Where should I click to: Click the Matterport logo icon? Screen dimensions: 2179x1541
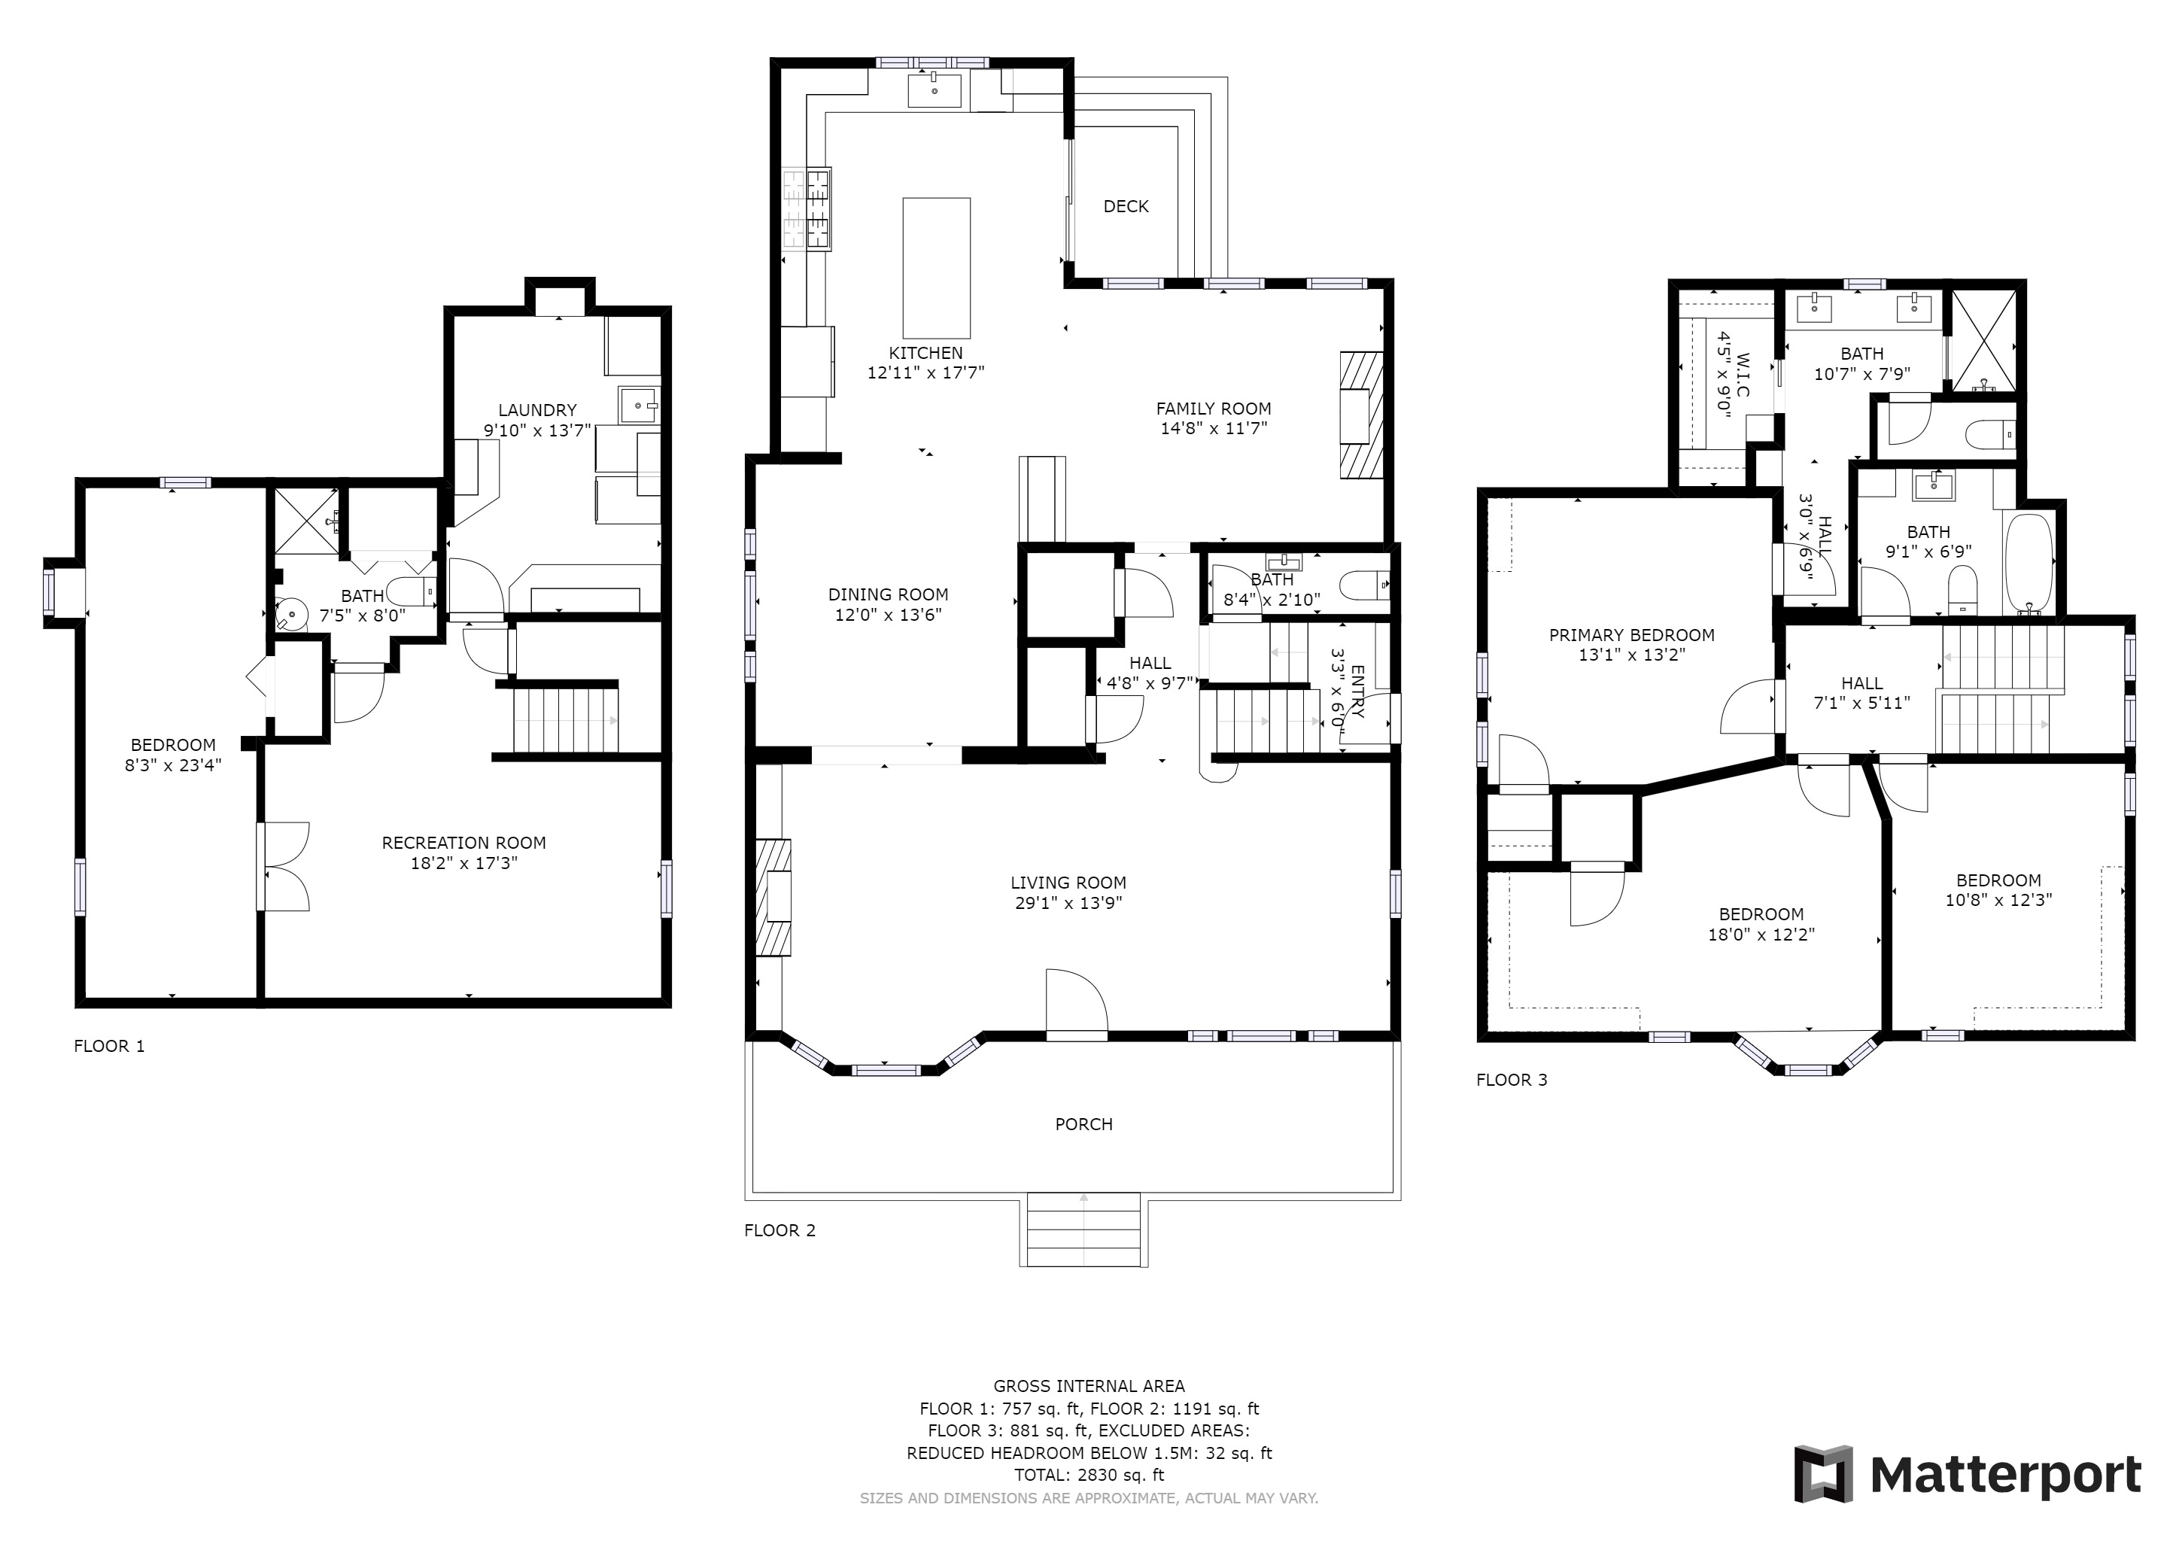(x=1823, y=1473)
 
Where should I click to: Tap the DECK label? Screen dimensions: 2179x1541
(x=1126, y=206)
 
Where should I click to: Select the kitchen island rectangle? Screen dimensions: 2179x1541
(x=936, y=268)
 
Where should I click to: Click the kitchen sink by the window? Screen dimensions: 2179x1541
(x=935, y=91)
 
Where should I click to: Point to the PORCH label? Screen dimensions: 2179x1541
(x=1083, y=1124)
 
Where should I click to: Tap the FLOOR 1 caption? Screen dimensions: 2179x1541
(x=109, y=1046)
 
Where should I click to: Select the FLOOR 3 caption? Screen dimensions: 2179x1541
(x=1512, y=1079)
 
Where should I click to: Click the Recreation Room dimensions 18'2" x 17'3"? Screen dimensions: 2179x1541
(x=463, y=864)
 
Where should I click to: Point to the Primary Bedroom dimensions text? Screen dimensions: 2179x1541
(x=1631, y=655)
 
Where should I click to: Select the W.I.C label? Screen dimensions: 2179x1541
(x=1743, y=375)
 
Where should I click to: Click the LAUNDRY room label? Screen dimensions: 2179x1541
(x=537, y=410)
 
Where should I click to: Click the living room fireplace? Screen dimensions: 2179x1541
(x=773, y=898)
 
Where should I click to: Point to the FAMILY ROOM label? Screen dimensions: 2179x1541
(x=1214, y=409)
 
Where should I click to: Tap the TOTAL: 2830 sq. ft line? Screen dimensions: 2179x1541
(x=1089, y=1475)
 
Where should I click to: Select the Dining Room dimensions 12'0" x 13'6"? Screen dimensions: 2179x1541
(x=889, y=615)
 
